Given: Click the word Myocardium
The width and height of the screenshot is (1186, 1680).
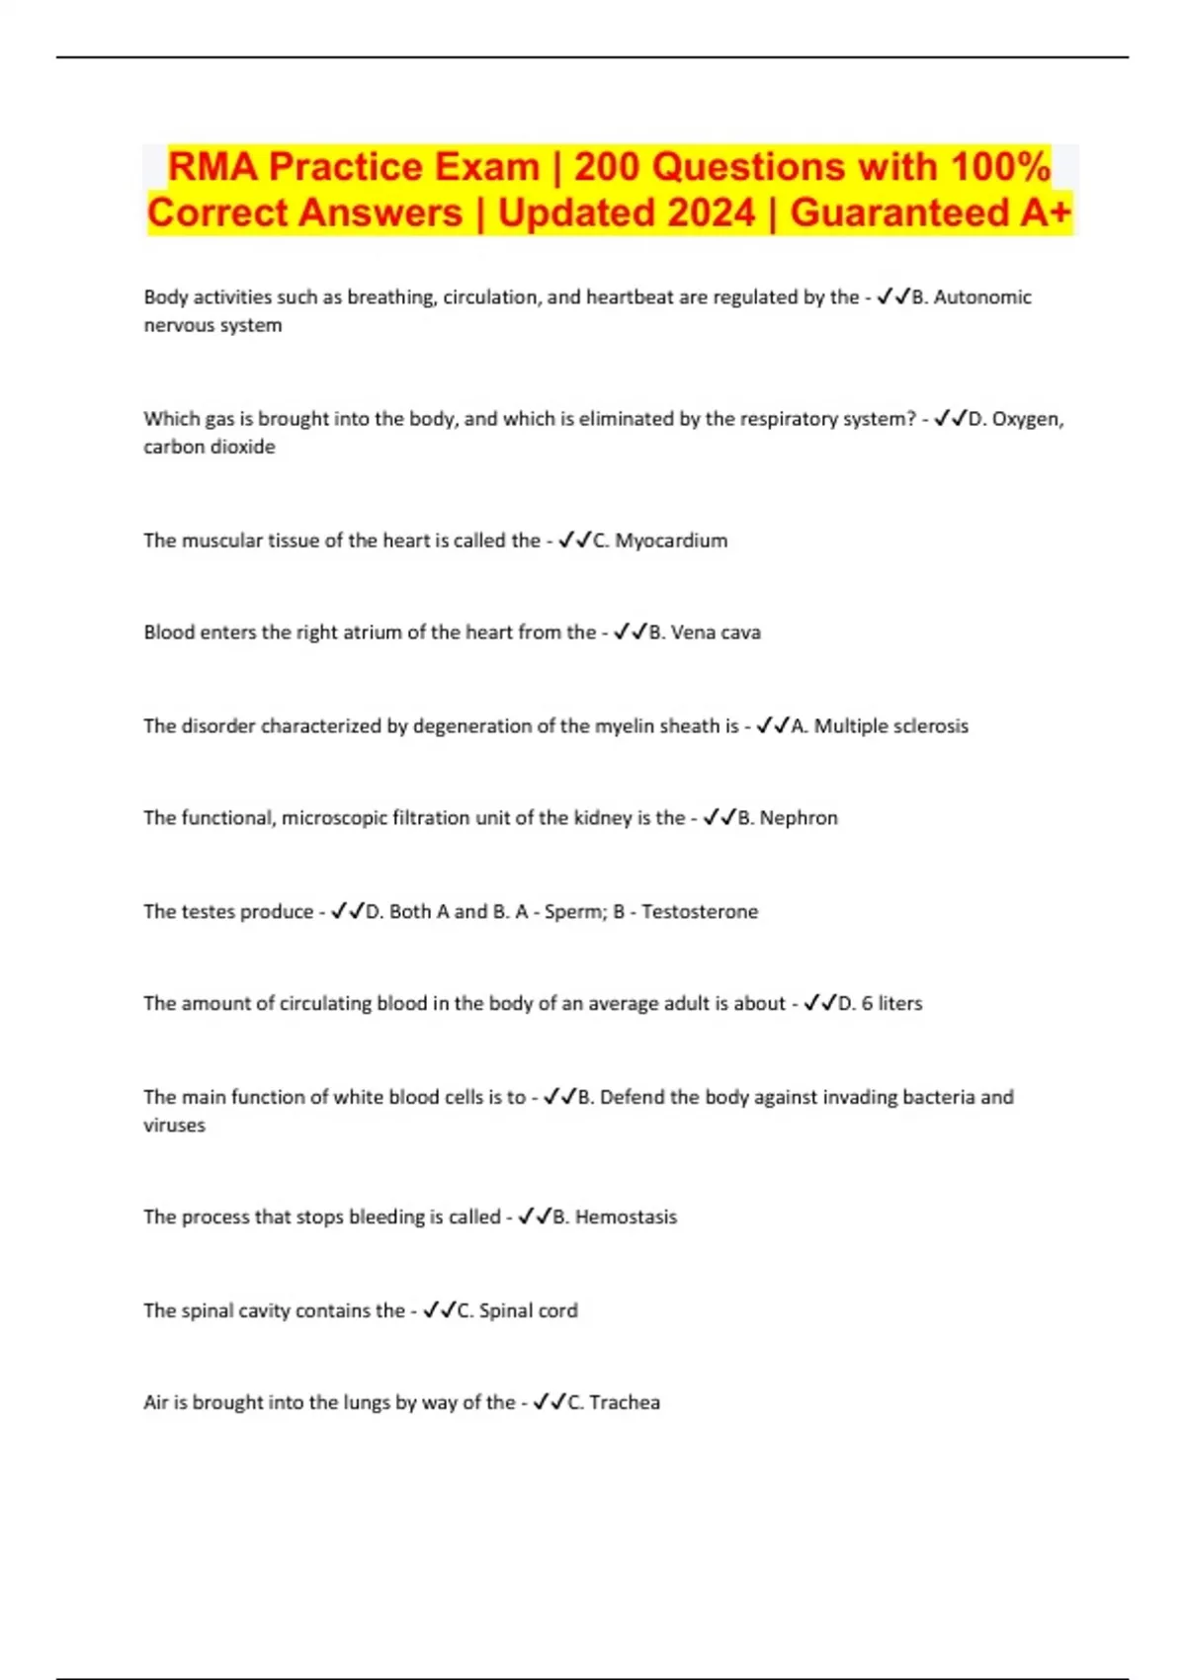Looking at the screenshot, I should tap(671, 541).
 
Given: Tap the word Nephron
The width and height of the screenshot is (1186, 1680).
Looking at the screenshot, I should tap(799, 818).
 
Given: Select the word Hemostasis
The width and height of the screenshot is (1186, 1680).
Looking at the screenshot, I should tap(626, 1218).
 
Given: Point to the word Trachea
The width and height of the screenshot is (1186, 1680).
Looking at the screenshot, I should tap(625, 1402).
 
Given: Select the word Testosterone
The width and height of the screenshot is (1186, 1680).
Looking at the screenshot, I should tap(700, 911).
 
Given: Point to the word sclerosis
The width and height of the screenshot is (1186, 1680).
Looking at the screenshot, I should tap(931, 726).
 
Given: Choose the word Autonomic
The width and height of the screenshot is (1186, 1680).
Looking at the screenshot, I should tap(982, 297).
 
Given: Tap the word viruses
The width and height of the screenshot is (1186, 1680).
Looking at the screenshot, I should tap(174, 1126).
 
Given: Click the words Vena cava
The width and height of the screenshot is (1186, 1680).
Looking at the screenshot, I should tap(716, 632).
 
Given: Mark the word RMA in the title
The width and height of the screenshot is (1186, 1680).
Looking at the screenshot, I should tap(212, 167).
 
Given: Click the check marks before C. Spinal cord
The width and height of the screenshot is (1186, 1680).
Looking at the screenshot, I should tap(439, 1310).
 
